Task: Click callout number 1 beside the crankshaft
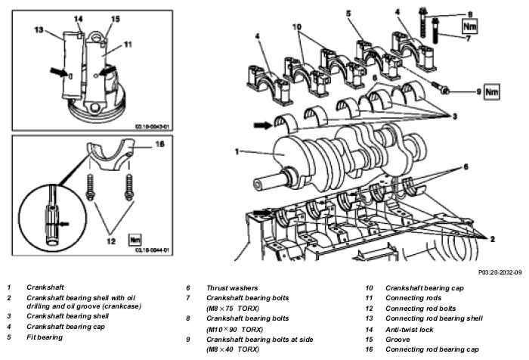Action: pos(237,151)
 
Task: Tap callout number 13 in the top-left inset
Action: pos(39,29)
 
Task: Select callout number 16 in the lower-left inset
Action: pos(159,144)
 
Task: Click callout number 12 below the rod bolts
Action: pos(111,241)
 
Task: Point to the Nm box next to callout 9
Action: pos(491,92)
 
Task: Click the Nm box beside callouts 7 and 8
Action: pos(470,26)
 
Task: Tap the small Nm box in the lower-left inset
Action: pos(135,240)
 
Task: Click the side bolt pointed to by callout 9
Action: pos(441,88)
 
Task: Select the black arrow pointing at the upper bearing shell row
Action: pos(263,126)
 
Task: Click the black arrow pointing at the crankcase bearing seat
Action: pos(262,213)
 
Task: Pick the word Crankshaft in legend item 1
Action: pos(45,287)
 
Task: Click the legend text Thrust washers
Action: pos(232,288)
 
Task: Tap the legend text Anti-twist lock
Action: pos(410,330)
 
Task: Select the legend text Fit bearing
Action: pos(45,337)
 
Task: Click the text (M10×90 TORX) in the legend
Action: pos(234,329)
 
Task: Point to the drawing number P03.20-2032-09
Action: pos(500,272)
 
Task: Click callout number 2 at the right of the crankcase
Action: pos(493,239)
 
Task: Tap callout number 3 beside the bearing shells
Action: pos(455,116)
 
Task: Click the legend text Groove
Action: pos(398,340)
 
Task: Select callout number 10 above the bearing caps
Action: pos(297,26)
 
